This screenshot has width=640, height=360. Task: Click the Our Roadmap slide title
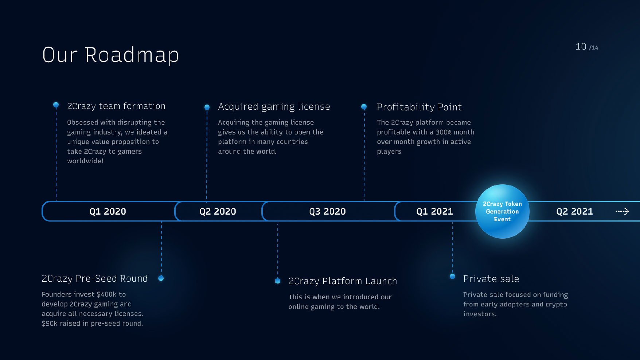[110, 55]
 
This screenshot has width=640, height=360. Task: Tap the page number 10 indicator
[581, 47]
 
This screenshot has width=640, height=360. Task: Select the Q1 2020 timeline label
[108, 212]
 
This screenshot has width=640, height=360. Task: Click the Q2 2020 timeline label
[218, 212]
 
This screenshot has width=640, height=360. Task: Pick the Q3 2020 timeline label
[327, 212]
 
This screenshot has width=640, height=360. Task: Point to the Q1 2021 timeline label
[434, 212]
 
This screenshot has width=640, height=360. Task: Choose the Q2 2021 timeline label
[574, 212]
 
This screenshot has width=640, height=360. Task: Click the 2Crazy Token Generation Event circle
[502, 211]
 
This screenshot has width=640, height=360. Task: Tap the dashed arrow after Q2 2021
[622, 211]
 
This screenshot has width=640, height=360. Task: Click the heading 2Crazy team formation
[116, 106]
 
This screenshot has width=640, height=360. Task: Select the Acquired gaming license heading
[274, 107]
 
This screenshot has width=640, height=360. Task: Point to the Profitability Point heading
[419, 107]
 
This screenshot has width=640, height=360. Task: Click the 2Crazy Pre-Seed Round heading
[95, 279]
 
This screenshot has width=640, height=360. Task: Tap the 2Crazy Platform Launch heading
[343, 281]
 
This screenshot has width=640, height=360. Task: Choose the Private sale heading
[491, 279]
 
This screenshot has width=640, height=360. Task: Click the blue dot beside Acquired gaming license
[207, 107]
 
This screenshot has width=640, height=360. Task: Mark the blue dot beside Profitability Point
[364, 107]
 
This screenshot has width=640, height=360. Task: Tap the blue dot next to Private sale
[452, 276]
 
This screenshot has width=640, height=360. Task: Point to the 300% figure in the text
[444, 132]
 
